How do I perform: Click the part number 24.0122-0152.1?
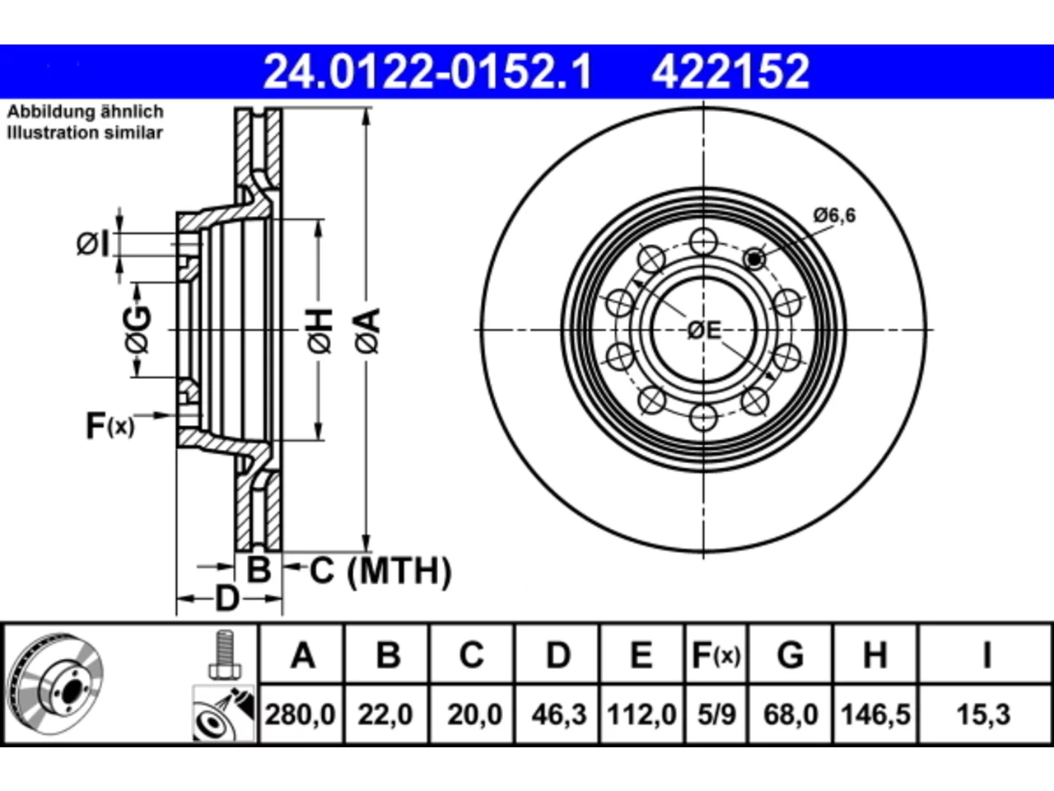(x=427, y=72)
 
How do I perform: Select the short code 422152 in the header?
(x=730, y=72)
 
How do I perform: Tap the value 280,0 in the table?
(x=300, y=714)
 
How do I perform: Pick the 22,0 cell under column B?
(x=385, y=714)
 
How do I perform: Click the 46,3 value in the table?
(x=559, y=714)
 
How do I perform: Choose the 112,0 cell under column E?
(x=641, y=714)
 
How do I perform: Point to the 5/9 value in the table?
(x=716, y=714)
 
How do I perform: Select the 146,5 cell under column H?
(x=875, y=714)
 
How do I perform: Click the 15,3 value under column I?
(x=983, y=714)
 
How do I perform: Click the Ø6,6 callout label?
(x=835, y=216)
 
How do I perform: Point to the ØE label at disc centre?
(x=704, y=330)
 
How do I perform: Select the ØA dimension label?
(x=367, y=331)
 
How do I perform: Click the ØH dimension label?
(x=319, y=331)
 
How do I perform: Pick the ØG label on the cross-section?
(x=138, y=330)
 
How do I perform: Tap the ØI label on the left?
(x=93, y=244)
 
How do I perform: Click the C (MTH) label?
(x=380, y=571)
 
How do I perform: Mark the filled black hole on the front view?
(x=754, y=260)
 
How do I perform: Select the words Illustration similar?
(x=85, y=133)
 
